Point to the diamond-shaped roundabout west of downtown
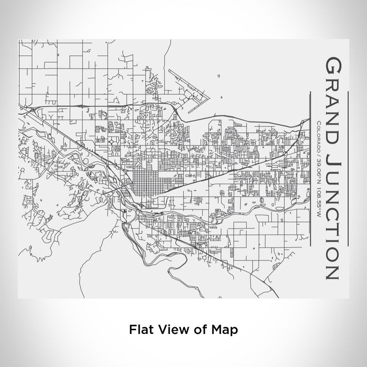(112, 140)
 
